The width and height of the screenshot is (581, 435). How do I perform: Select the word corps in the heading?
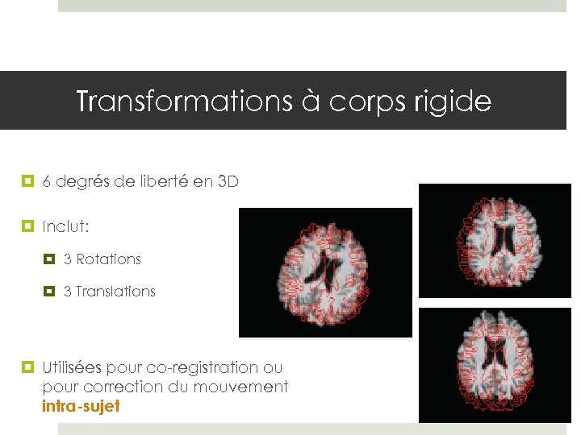366,102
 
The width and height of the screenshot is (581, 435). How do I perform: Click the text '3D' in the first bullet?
228,182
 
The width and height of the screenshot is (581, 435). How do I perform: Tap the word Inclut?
65,226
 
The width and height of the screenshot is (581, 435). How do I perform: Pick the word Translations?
115,292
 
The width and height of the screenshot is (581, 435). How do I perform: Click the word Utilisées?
72,367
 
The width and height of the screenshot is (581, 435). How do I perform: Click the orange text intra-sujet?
81,406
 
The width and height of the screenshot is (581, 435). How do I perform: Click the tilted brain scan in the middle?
325,272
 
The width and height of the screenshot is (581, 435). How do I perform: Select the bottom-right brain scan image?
495,365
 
